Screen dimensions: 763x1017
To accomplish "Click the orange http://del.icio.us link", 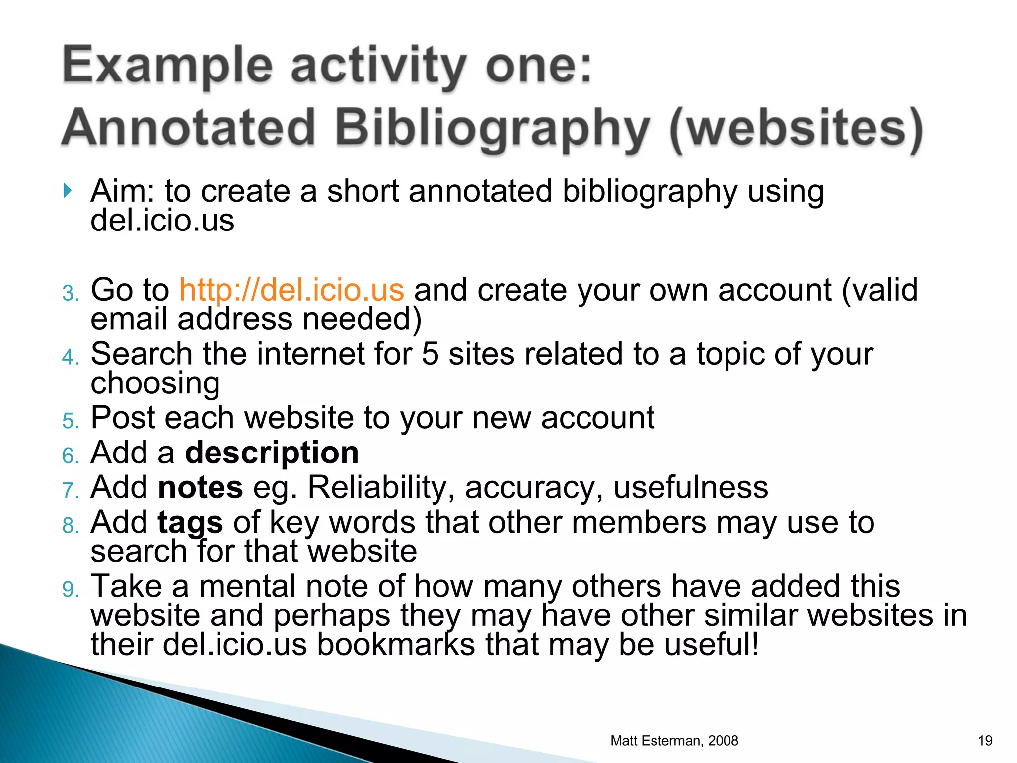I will [x=291, y=290].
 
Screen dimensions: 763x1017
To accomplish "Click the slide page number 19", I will [x=985, y=741].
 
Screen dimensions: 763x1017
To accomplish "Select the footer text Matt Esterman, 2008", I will [x=674, y=741].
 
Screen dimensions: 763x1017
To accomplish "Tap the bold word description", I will [x=272, y=453].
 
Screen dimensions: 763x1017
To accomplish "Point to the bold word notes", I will [x=200, y=487].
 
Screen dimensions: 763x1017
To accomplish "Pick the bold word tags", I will [x=190, y=523].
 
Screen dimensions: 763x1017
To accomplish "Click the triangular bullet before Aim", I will [x=68, y=191].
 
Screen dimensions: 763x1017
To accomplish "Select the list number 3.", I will [x=70, y=293].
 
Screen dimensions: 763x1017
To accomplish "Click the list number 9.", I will [x=70, y=590].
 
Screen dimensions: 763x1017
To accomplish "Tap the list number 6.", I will [x=70, y=456].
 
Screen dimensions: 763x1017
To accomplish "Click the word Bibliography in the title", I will [x=492, y=128].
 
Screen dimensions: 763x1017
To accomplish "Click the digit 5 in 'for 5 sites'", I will [x=430, y=354].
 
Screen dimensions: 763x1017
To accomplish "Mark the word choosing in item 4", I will [x=155, y=383].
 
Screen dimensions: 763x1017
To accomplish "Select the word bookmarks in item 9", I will [x=396, y=644].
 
